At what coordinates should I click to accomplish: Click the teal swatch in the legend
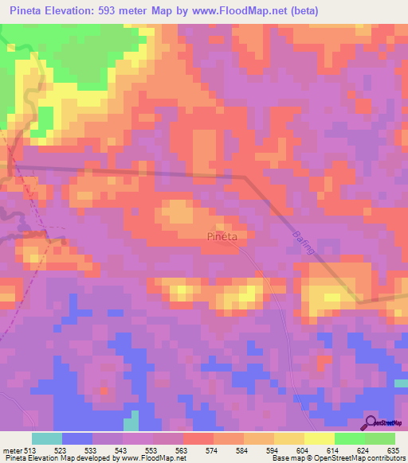coord(47,438)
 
